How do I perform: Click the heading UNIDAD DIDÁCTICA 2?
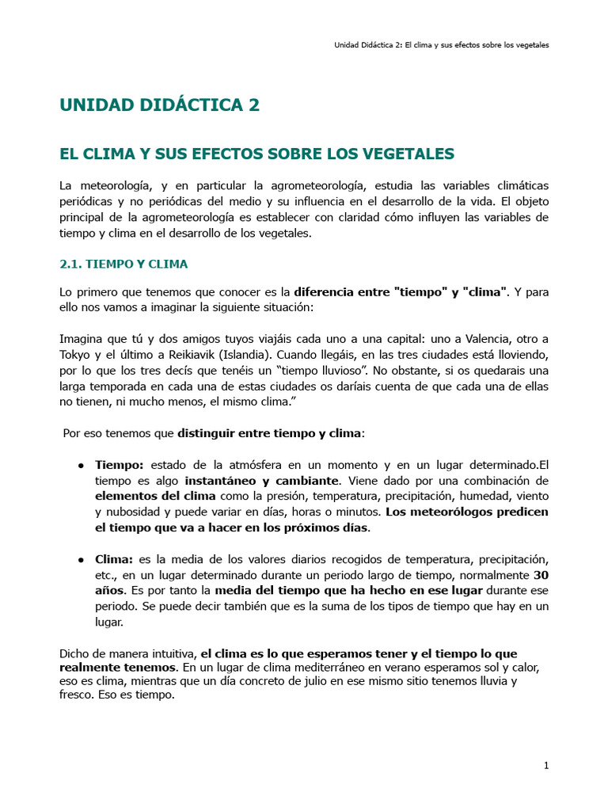click(159, 105)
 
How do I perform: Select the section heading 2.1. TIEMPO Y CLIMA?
click(123, 263)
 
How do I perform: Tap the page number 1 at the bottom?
click(546, 765)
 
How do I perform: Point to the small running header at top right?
click(441, 45)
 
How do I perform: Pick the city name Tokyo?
click(77, 354)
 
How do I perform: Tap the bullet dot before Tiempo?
click(82, 465)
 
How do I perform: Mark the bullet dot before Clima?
click(82, 560)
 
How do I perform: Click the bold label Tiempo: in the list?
click(120, 465)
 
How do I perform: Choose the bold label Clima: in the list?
click(114, 560)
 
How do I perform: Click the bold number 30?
click(541, 575)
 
